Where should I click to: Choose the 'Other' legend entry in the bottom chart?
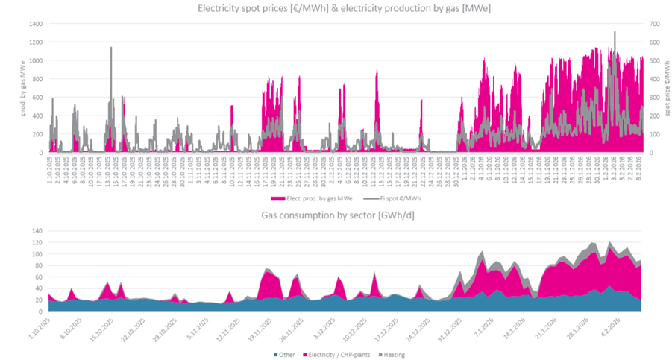(284, 354)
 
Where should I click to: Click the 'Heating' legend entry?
(394, 354)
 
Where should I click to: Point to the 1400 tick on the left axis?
(36, 24)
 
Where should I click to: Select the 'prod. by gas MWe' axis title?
(11, 89)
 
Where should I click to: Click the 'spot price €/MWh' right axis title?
(665, 89)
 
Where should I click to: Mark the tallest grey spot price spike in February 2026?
(615, 32)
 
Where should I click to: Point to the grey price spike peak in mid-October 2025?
(111, 48)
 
